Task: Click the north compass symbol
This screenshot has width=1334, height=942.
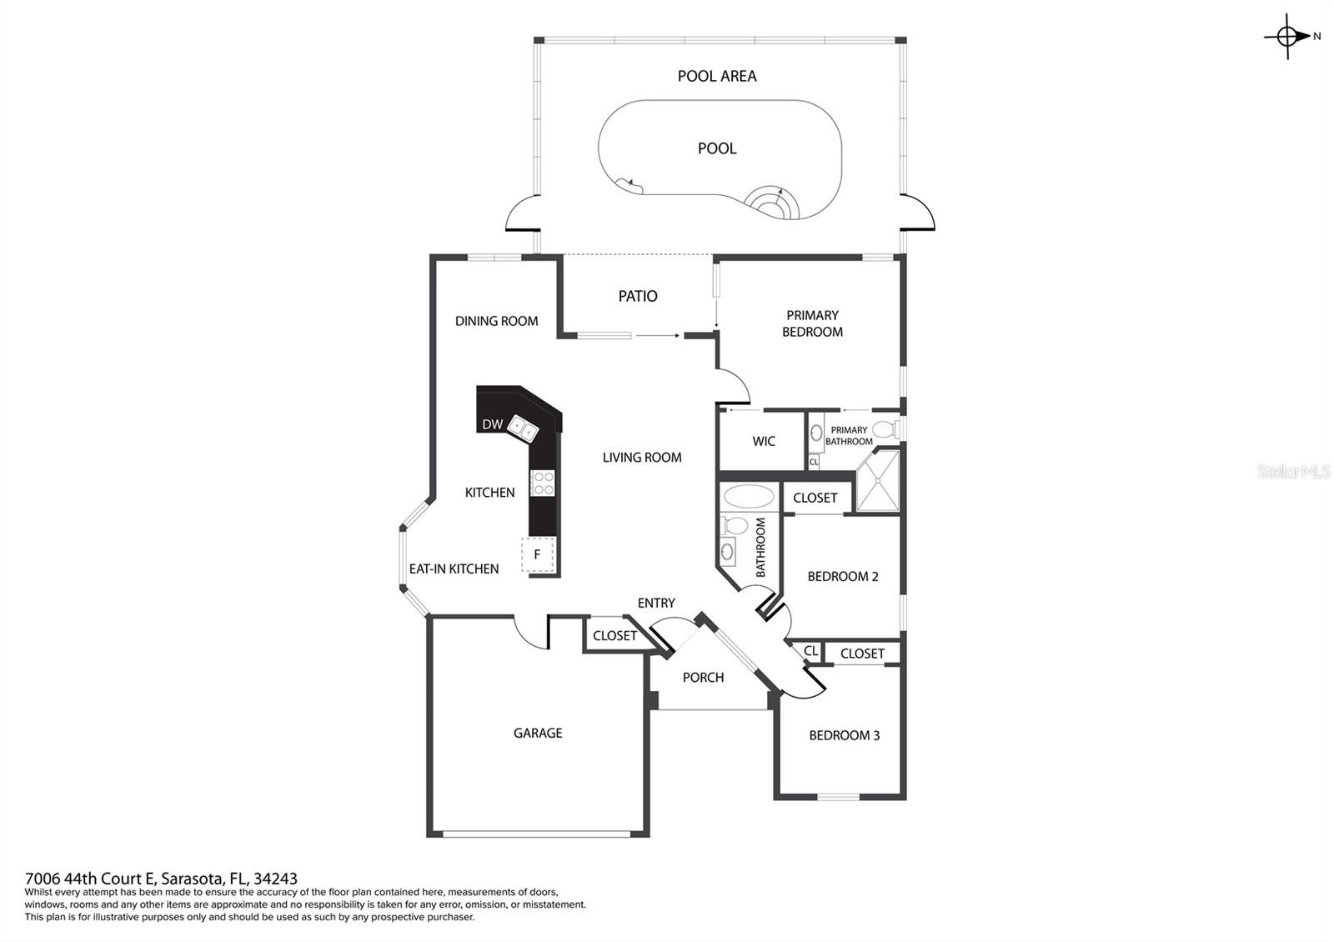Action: pos(1287,37)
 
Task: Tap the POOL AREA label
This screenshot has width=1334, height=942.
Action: pos(717,76)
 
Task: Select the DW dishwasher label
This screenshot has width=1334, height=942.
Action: pos(493,424)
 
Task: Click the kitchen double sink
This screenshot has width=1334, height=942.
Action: pos(523,428)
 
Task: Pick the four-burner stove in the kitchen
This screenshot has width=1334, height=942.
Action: pos(543,483)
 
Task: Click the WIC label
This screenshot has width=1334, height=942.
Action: pos(764,441)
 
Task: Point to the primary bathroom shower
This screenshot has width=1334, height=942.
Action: pos(878,480)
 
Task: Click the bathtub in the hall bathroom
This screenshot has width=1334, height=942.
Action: pos(749,496)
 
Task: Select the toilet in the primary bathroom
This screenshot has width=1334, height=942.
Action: pos(885,428)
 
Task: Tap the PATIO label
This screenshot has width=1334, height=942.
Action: pos(638,296)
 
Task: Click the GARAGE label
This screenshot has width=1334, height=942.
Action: pos(538,733)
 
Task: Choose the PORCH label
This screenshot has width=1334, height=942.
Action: pos(704,678)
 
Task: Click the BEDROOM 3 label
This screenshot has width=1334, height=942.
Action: pos(844,735)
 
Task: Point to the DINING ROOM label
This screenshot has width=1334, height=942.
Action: pos(497,321)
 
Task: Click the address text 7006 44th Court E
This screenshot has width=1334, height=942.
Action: pos(90,879)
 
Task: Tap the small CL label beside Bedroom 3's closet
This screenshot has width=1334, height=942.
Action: pos(810,651)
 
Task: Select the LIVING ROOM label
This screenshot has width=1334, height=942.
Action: pos(642,458)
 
